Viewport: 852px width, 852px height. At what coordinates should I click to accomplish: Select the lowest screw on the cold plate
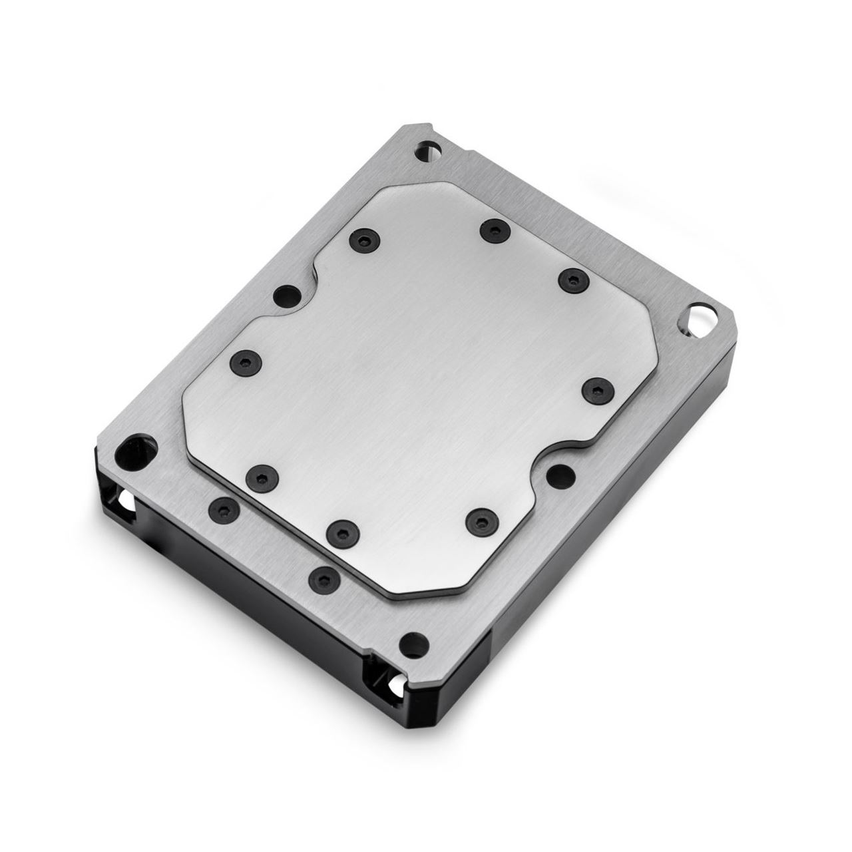click(341, 530)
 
